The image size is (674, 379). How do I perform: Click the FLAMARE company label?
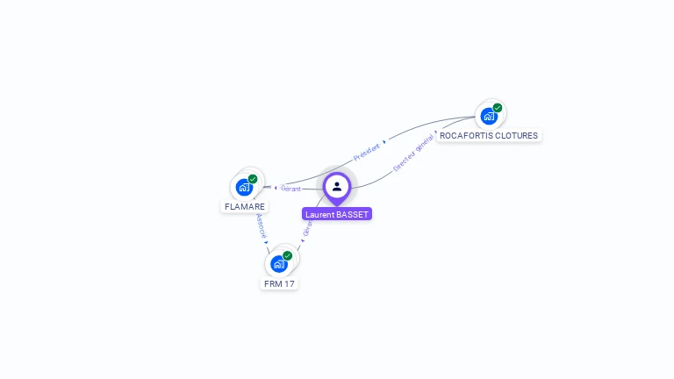(244, 207)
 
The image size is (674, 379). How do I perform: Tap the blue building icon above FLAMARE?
(244, 187)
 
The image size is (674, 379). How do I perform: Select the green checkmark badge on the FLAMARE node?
(253, 179)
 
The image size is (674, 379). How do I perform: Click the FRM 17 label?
(279, 283)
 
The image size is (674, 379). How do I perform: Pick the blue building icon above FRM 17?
(278, 263)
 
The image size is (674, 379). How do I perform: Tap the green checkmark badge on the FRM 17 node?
(287, 255)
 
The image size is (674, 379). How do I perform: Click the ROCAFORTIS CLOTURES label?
(489, 135)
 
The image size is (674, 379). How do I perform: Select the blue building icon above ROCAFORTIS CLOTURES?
(488, 115)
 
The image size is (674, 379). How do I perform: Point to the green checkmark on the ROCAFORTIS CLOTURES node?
(498, 108)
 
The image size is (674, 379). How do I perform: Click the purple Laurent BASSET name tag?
(337, 214)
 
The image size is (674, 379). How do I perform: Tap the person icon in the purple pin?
(337, 186)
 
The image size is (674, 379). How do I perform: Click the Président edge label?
(367, 151)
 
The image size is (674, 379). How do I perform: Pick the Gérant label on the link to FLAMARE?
(290, 189)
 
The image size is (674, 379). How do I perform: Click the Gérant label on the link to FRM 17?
(307, 226)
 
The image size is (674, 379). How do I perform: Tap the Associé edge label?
(261, 226)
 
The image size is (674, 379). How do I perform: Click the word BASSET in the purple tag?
(352, 214)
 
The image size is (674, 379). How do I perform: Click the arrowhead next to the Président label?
(384, 141)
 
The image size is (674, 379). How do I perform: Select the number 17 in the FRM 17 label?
(289, 283)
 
